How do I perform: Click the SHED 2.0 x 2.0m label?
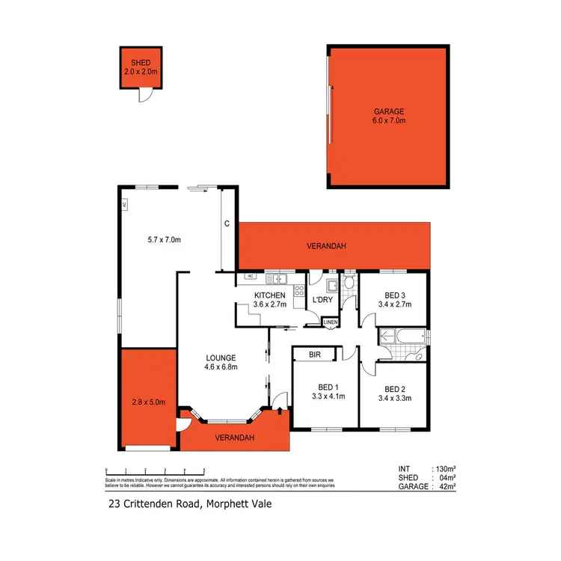(x=141, y=67)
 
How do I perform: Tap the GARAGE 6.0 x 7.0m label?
(x=387, y=115)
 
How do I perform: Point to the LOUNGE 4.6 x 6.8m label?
(x=221, y=362)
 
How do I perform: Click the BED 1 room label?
(x=328, y=391)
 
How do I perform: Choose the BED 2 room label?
(x=395, y=393)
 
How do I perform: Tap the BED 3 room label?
(x=394, y=299)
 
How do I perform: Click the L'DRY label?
(x=322, y=300)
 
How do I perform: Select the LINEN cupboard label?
(x=331, y=322)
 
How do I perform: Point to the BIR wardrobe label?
(x=314, y=356)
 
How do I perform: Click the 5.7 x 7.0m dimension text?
(x=165, y=239)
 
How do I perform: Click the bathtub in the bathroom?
(x=402, y=337)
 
